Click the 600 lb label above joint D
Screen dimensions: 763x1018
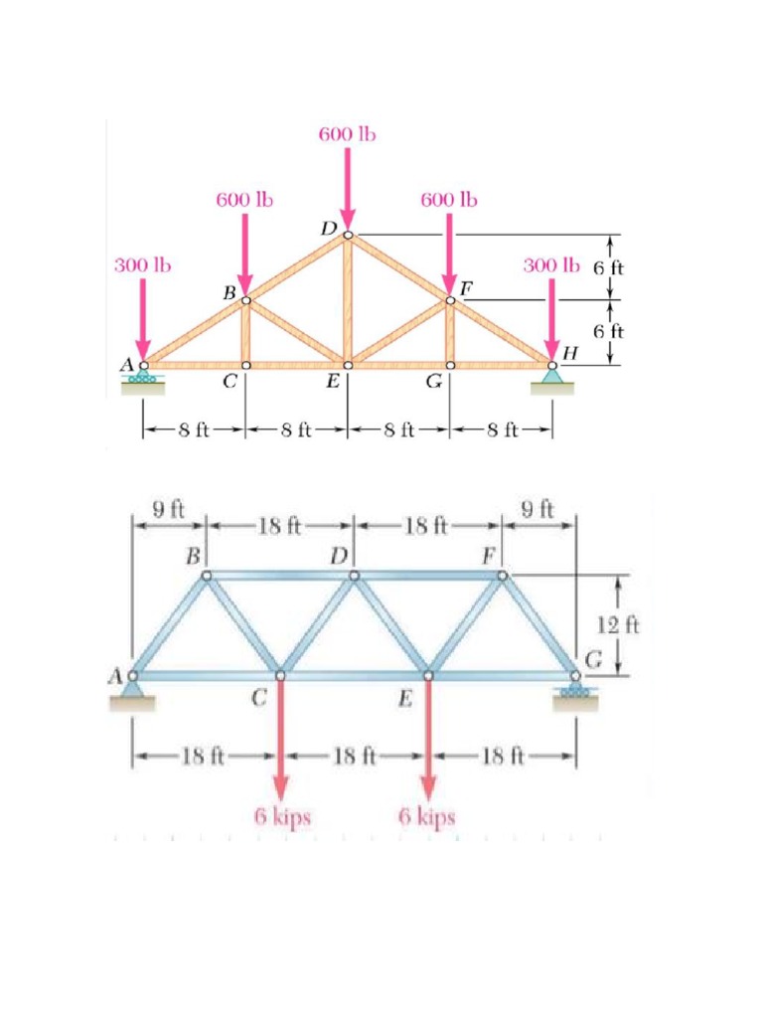click(x=348, y=134)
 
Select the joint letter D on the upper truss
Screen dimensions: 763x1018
click(x=329, y=228)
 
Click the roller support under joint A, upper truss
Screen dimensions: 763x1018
click(x=144, y=380)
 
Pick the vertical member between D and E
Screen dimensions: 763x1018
click(x=348, y=298)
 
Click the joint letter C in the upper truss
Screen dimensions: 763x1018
click(x=229, y=384)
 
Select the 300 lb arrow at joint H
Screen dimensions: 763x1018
click(x=552, y=318)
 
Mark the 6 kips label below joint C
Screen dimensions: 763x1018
click(x=282, y=817)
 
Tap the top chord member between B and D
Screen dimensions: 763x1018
click(x=280, y=575)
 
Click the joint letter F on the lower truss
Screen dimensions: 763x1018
click(x=489, y=555)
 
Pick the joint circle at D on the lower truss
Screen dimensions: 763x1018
click(x=354, y=575)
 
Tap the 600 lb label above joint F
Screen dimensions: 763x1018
click(x=449, y=200)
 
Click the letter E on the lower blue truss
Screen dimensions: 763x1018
click(x=404, y=699)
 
